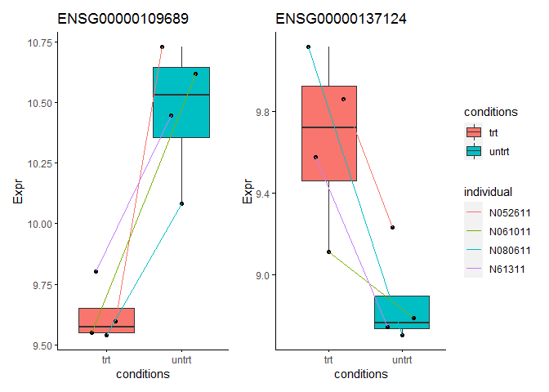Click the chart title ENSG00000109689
tap(123, 19)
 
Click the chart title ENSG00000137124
tap(341, 19)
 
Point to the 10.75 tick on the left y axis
tap(40, 42)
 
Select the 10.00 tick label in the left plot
tap(40, 224)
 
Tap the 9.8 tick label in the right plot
tap(262, 112)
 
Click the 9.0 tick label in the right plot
tap(262, 275)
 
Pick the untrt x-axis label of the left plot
tap(181, 360)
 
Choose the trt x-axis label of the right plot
tap(328, 360)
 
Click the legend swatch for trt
tap(474, 132)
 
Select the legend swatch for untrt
tap(474, 151)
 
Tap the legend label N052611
tap(510, 213)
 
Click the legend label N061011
tap(510, 232)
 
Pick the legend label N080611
tap(510, 251)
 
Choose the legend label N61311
tap(507, 269)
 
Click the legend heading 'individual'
tap(488, 192)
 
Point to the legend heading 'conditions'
tap(491, 112)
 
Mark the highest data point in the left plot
tap(162, 47)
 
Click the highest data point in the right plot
tap(309, 47)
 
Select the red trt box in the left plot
tap(106, 321)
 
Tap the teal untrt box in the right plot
tap(402, 313)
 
